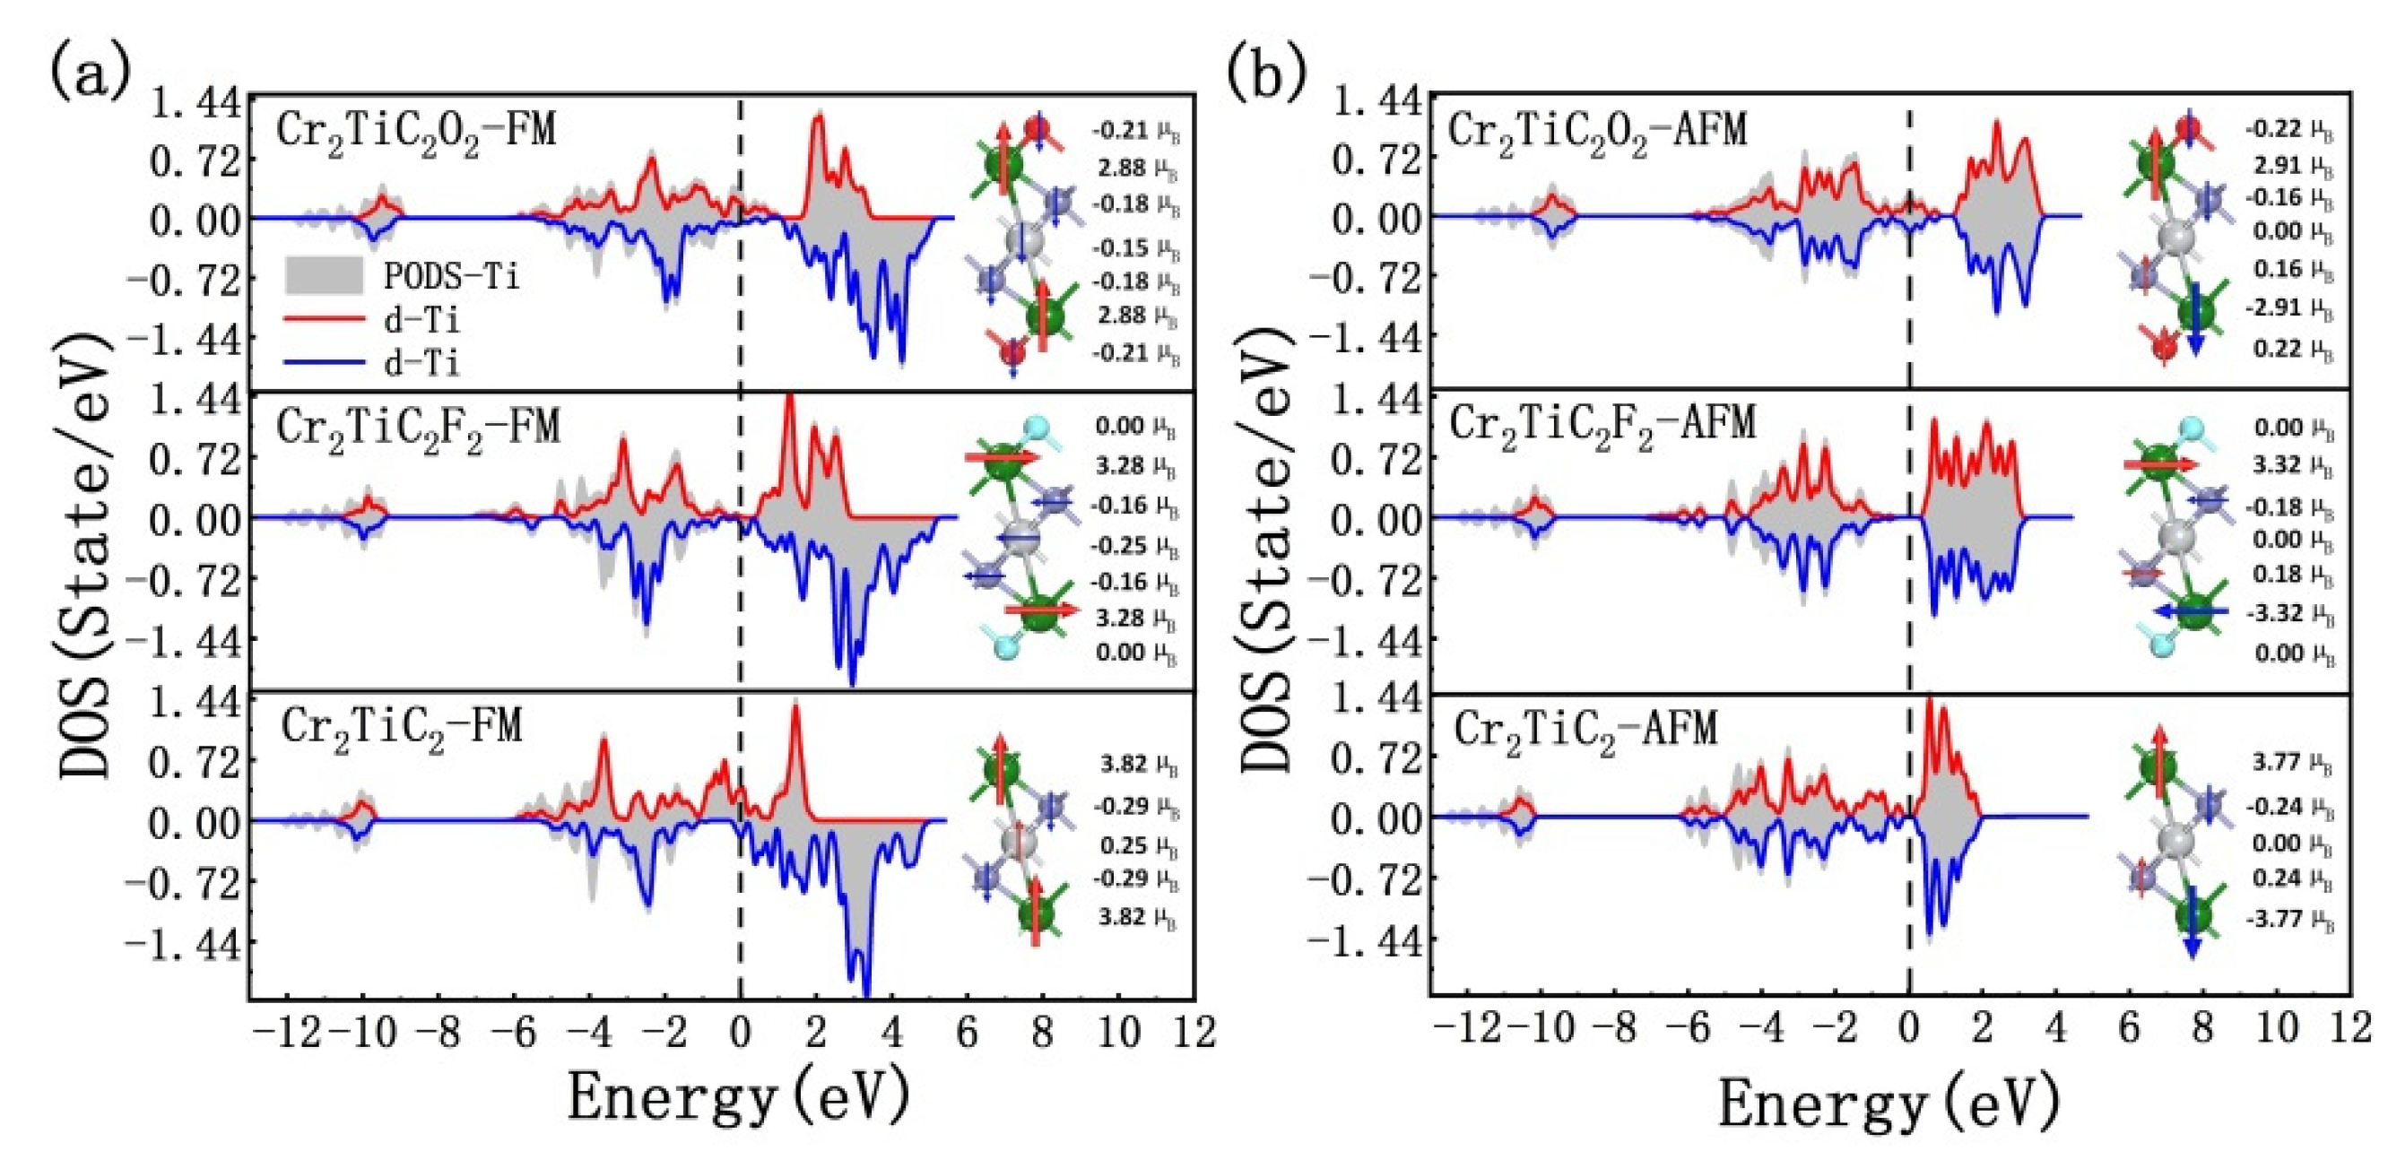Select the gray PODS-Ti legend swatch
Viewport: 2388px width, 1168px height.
[x=324, y=275]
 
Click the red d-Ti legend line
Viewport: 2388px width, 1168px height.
[x=324, y=319]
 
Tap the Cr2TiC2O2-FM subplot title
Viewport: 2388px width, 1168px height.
[x=416, y=131]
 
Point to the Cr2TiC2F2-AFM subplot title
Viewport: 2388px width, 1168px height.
[x=1602, y=426]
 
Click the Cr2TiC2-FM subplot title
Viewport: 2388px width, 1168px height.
[x=402, y=727]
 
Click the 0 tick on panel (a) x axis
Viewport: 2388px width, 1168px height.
[x=740, y=1032]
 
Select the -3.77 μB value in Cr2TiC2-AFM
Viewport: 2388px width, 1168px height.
[x=2288, y=920]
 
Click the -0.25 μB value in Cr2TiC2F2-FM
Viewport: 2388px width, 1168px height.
[x=1133, y=545]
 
